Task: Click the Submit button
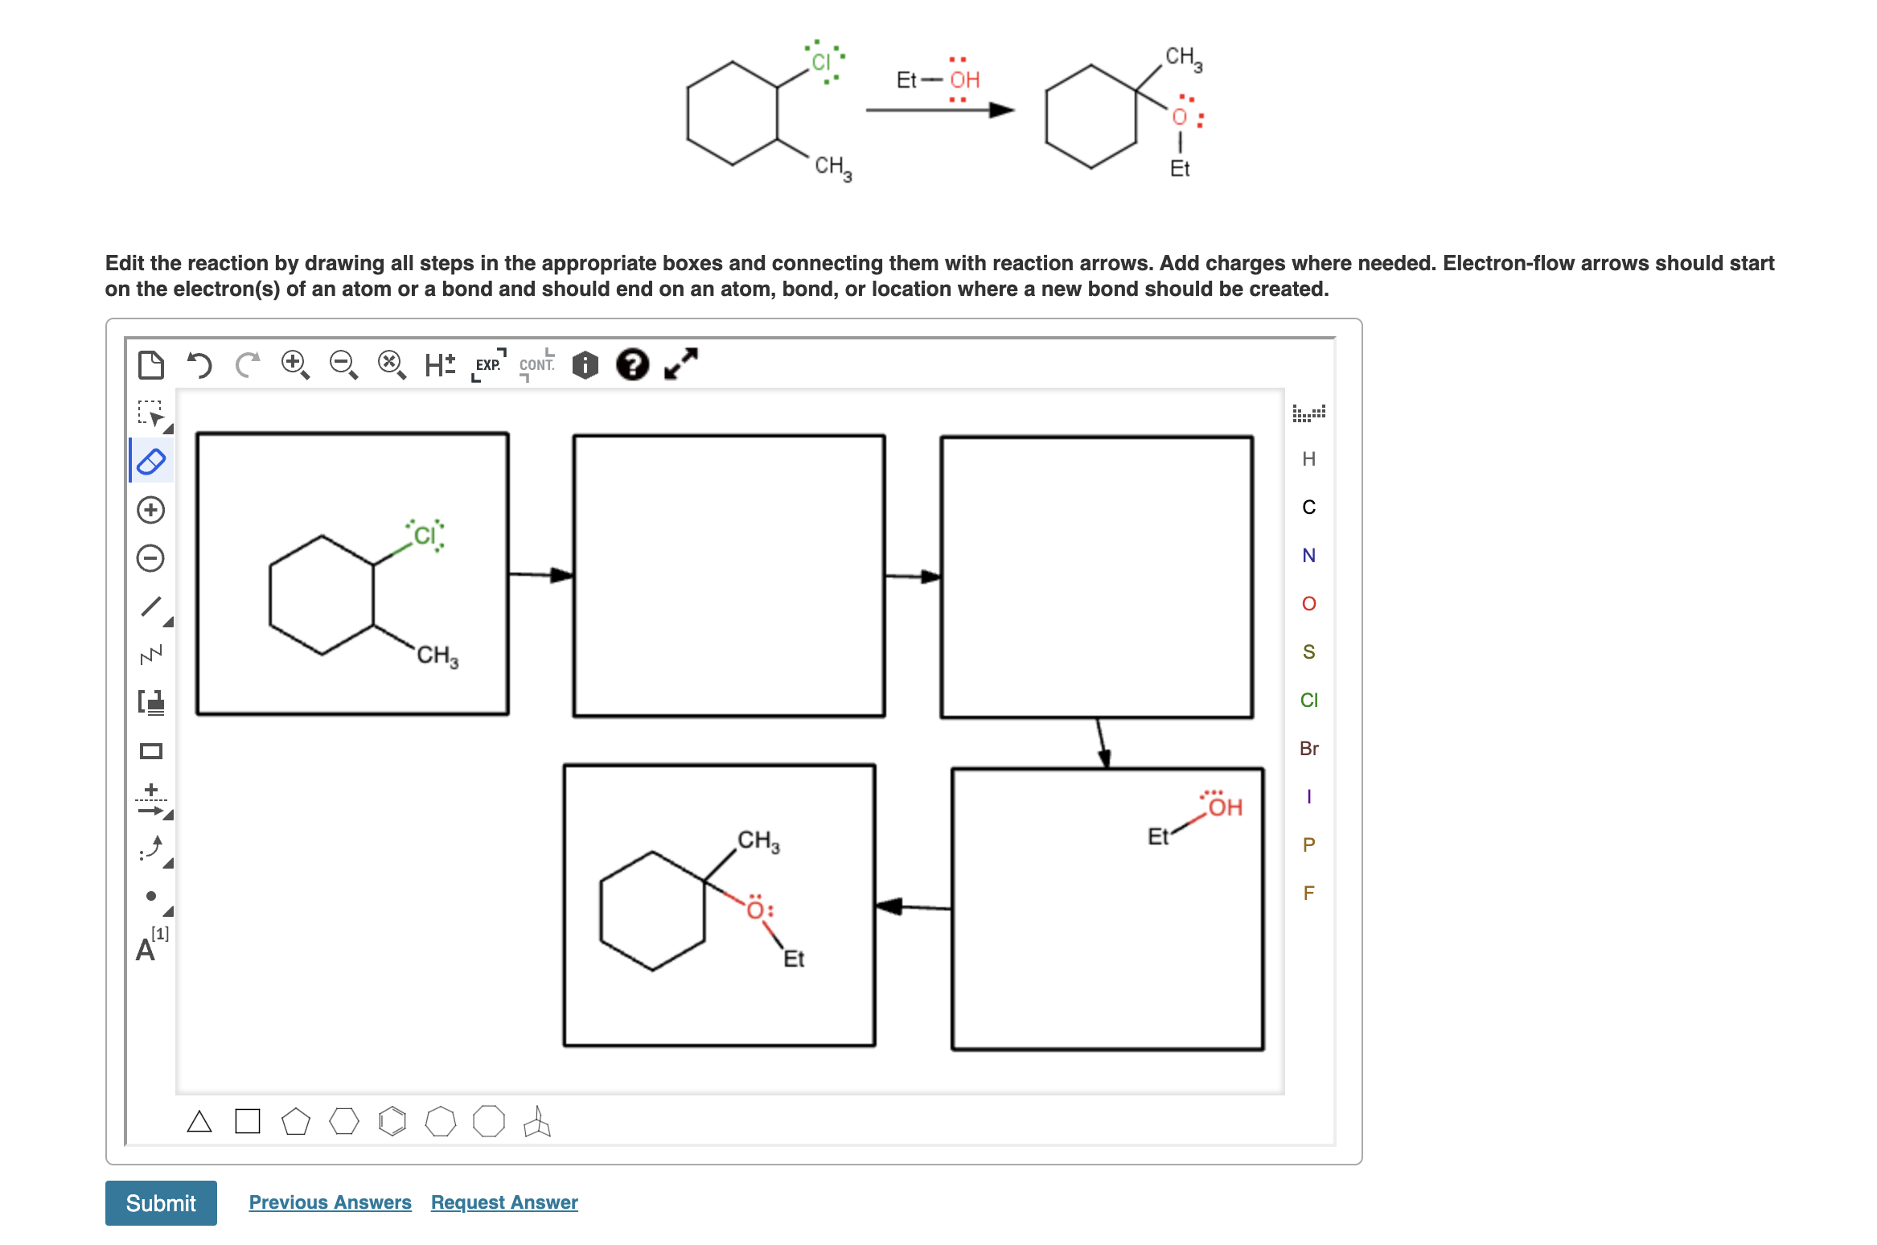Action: (161, 1202)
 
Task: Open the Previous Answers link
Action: (330, 1202)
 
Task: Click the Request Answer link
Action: (504, 1202)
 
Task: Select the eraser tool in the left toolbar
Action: (151, 462)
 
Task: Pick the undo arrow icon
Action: (199, 365)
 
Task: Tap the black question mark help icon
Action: (632, 364)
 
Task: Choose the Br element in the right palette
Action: (1308, 748)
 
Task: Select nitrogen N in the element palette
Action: (1308, 555)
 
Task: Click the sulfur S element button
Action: (1308, 651)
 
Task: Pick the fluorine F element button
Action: (1308, 893)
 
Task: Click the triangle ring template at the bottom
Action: (199, 1121)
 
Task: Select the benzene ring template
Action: (392, 1121)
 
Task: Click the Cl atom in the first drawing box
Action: (425, 536)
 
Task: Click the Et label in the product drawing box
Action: (794, 959)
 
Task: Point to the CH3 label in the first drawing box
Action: (437, 656)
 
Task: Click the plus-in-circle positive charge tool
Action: (151, 510)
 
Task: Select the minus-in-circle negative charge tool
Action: (151, 558)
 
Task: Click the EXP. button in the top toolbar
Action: (488, 365)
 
